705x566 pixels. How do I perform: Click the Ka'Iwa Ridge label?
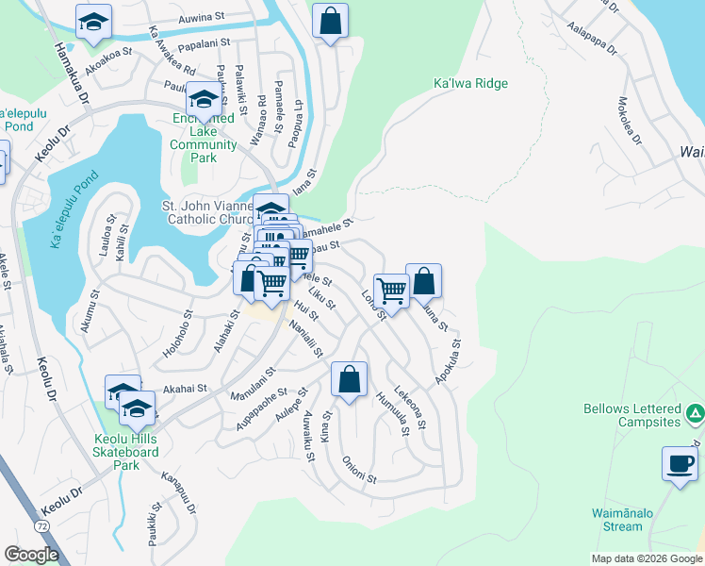[470, 84]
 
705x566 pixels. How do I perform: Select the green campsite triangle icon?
[695, 413]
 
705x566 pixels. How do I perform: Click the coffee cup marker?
[679, 463]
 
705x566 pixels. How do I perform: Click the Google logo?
[32, 555]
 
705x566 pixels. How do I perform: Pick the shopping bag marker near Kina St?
[349, 380]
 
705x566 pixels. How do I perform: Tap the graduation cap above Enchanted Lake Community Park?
[204, 98]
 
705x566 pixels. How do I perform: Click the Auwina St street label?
[202, 17]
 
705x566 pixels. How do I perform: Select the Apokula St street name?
[448, 361]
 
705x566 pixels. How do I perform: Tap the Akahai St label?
[185, 387]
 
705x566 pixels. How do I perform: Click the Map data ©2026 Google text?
[646, 558]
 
